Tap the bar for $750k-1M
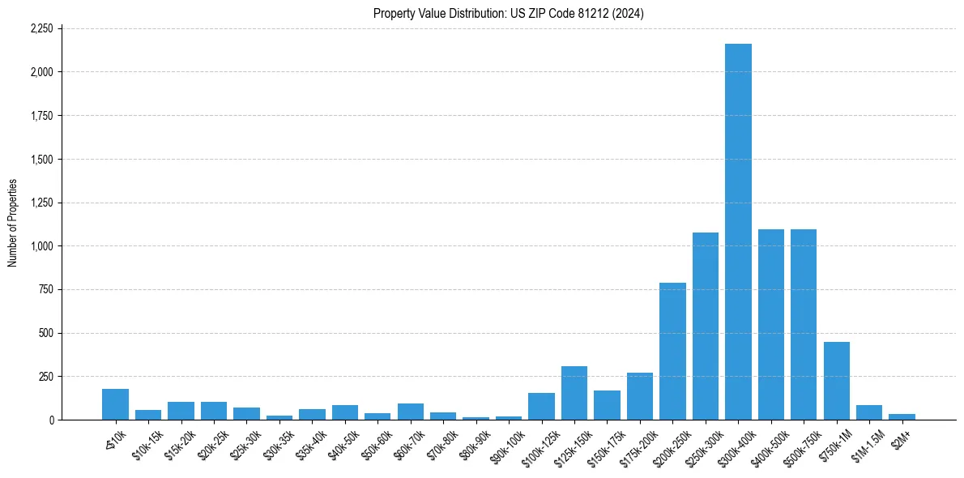coord(836,381)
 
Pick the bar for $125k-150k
coord(574,393)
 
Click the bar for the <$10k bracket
coord(115,404)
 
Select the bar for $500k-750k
coord(804,324)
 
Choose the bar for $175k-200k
coord(640,396)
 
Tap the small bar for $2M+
coord(902,416)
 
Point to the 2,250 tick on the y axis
coord(41,28)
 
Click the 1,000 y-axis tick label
coord(41,246)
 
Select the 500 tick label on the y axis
coord(46,333)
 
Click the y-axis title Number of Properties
coord(12,224)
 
